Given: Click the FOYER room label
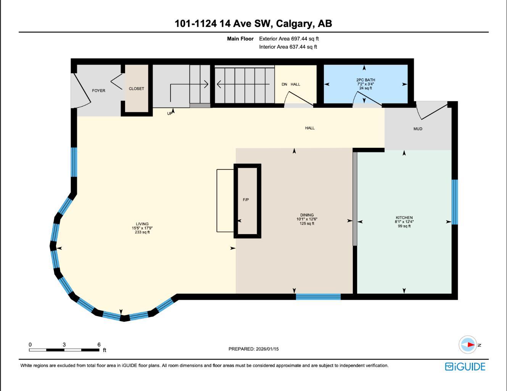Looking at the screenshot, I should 98,90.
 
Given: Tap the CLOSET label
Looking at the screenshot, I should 136,89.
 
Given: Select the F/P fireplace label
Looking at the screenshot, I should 246,200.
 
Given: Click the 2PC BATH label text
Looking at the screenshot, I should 365,80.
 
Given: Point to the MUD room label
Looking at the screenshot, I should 418,129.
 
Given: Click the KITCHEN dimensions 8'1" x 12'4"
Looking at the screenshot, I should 404,222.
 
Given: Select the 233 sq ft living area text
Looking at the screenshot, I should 142,232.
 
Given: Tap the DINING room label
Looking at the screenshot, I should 307,215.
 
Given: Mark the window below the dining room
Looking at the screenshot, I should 318,297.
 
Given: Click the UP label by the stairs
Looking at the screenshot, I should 169,113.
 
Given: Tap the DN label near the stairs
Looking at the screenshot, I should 284,84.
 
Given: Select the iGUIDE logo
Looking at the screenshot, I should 465,367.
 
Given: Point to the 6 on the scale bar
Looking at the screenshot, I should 99,344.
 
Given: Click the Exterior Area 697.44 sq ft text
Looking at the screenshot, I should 289,39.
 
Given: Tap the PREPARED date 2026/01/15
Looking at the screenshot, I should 267,349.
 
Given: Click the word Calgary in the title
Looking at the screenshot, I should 294,24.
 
